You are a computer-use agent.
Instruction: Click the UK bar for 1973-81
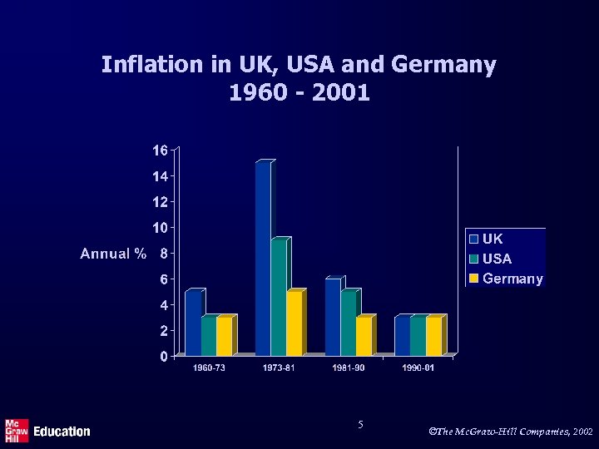tap(263, 259)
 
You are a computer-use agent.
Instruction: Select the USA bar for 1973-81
tap(279, 298)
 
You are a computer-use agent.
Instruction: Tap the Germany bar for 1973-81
tap(295, 323)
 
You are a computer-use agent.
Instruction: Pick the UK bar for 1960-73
tap(193, 323)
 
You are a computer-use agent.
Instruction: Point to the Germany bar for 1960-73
tap(225, 337)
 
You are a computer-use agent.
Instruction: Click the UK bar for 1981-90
tap(333, 318)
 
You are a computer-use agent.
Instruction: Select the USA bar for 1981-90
tap(349, 323)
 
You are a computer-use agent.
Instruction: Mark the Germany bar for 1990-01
tap(434, 337)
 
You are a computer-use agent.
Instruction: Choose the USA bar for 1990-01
tap(418, 337)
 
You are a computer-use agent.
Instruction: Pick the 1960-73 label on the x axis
tap(209, 368)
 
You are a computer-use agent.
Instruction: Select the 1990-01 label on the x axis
tap(418, 368)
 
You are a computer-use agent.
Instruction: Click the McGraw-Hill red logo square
tap(17, 431)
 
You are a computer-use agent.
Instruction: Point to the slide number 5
tap(360, 425)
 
